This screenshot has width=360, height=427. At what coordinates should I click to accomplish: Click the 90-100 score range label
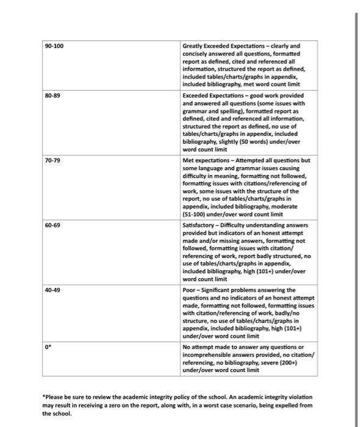(x=54, y=46)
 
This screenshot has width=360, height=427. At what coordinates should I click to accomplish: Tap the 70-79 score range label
(x=53, y=160)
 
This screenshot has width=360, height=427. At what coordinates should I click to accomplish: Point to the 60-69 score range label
(x=53, y=225)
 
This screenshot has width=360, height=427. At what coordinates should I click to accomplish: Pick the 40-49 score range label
(x=53, y=290)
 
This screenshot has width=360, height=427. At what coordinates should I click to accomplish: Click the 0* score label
(x=48, y=346)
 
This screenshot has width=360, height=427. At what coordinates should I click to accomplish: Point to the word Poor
(x=190, y=290)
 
